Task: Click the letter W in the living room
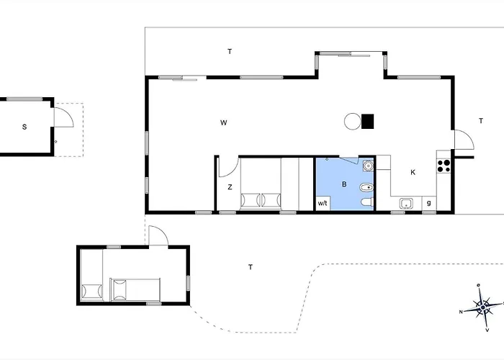click(x=224, y=122)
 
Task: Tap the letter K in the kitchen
click(x=413, y=172)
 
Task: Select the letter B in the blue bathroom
click(x=344, y=184)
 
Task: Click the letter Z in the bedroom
click(x=230, y=187)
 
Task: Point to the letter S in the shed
click(x=24, y=127)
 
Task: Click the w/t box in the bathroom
click(x=323, y=203)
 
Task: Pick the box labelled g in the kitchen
click(x=429, y=203)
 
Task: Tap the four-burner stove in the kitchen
click(x=444, y=166)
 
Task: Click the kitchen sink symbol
click(x=406, y=204)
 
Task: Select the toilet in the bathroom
click(x=367, y=202)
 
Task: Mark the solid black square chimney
click(x=367, y=122)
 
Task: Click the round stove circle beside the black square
click(x=352, y=122)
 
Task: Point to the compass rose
click(x=483, y=307)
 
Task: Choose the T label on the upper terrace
click(x=230, y=51)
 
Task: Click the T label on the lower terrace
click(x=251, y=267)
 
